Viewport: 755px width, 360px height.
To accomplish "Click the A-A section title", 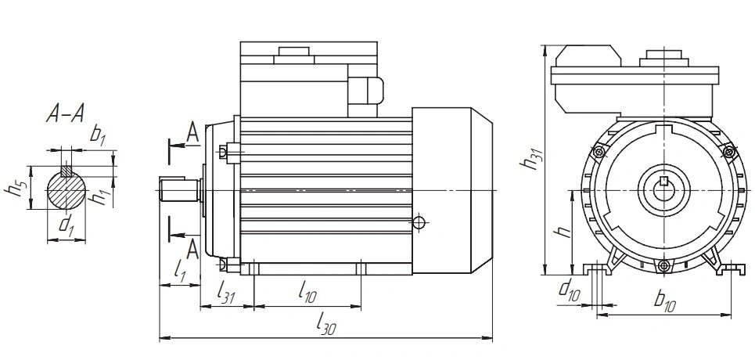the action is (66, 113).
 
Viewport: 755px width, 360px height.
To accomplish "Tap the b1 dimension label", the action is (98, 135).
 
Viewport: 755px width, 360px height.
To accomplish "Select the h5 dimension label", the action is (14, 188).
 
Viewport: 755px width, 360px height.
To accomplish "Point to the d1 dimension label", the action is (66, 225).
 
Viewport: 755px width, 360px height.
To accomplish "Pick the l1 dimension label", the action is (179, 272).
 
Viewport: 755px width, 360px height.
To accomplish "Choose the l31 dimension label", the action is (225, 292).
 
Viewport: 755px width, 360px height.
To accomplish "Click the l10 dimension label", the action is (307, 292).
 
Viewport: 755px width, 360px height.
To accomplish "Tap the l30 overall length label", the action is (326, 323).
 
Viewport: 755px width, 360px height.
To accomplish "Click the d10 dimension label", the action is (569, 290).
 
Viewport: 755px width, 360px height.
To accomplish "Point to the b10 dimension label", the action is (665, 300).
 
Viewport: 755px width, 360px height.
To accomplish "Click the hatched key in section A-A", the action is (66, 171).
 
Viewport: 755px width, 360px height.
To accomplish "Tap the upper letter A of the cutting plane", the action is (192, 132).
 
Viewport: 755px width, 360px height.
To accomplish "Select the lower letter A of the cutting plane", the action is (192, 249).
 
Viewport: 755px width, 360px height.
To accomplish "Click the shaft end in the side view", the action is (178, 190).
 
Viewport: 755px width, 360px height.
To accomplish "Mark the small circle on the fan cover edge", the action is (419, 222).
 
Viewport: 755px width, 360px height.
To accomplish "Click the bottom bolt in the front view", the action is (663, 265).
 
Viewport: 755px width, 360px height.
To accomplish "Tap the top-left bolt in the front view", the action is (599, 153).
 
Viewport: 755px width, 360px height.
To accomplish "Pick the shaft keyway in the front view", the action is (664, 182).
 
